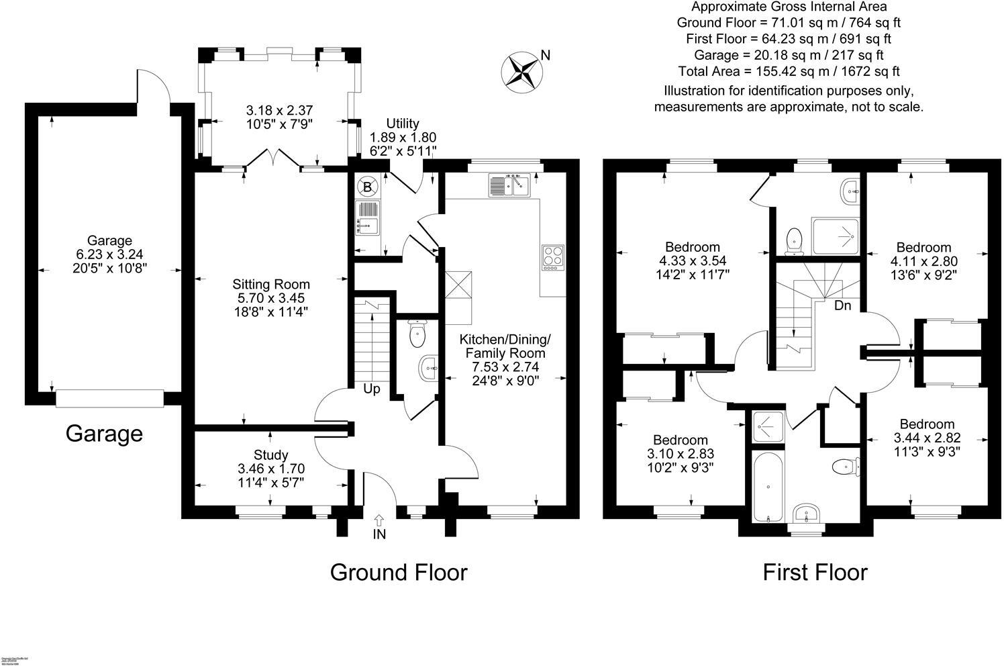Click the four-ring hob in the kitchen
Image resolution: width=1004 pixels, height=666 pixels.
click(553, 257)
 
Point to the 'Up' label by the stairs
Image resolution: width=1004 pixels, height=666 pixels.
click(372, 389)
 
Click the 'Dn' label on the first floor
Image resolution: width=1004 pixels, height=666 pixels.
click(843, 305)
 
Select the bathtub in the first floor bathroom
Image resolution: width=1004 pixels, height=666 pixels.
click(764, 487)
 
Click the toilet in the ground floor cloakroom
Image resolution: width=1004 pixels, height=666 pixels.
click(417, 333)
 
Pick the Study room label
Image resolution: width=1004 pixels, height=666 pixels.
click(270, 455)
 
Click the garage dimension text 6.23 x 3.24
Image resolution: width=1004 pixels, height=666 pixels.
click(109, 254)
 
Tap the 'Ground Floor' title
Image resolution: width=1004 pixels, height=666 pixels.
click(399, 573)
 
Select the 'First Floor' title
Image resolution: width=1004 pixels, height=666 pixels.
click(815, 573)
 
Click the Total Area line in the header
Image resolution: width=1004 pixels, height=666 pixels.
click(789, 71)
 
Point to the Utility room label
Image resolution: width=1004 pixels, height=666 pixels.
click(403, 124)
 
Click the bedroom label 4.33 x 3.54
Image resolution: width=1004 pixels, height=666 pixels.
click(693, 260)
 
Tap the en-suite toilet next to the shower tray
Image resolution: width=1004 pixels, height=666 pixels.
click(794, 240)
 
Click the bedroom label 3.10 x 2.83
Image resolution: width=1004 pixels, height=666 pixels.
click(681, 454)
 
